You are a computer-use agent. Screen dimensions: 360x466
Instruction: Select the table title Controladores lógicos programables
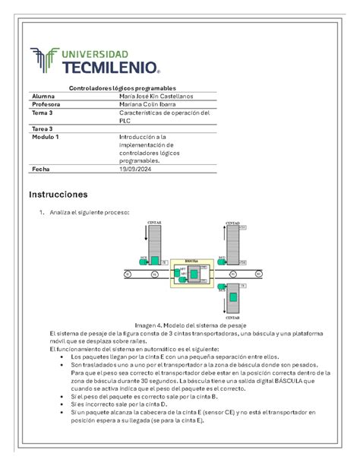[x=122, y=89]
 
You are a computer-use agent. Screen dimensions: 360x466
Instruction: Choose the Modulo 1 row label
[x=46, y=137]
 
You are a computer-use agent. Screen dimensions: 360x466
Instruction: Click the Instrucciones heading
[x=65, y=195]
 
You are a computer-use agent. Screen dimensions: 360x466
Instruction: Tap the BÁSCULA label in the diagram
[x=191, y=260]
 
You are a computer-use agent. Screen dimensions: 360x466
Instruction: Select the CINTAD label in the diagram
[x=233, y=223]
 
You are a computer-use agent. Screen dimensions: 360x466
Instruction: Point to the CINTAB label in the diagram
[x=233, y=316]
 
